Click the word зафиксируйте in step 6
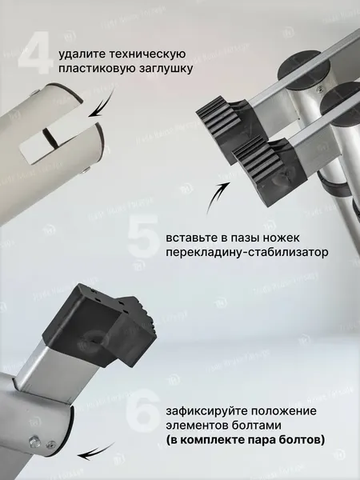208,411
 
